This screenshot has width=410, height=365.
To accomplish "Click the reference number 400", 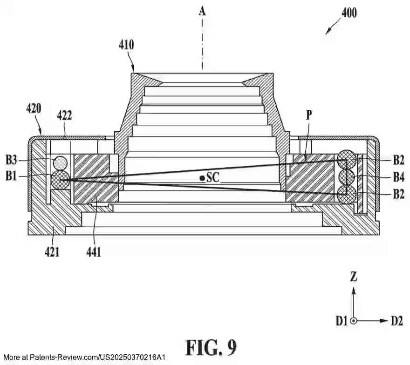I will point(349,13).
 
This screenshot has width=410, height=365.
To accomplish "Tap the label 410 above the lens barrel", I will point(126,45).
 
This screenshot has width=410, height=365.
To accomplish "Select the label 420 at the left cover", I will point(34,109).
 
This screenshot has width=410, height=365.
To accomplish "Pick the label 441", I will point(93,252).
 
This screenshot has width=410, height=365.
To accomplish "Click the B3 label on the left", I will point(12,161).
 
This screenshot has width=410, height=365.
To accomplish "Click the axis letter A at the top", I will point(202,10).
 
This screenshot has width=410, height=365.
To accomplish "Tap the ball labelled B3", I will point(60,162).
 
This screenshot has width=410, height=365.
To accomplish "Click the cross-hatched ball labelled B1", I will point(60,179).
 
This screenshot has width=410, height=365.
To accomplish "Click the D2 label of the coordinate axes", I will point(397,321).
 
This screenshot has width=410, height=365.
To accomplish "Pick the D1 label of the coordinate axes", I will point(342,321).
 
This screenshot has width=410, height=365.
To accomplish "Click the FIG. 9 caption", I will point(211,347).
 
